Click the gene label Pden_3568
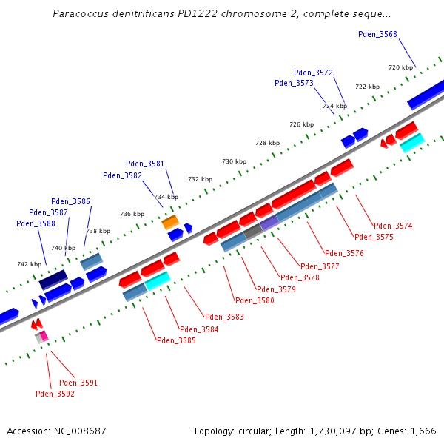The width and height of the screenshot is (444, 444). click(377, 34)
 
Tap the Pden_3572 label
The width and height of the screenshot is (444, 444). click(313, 73)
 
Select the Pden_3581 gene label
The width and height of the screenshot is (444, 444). click(145, 164)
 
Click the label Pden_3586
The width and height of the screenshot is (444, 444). click(71, 201)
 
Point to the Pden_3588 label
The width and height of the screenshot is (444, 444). click(36, 223)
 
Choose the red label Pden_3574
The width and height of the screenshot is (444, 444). click(393, 226)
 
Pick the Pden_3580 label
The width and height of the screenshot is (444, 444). click(255, 300)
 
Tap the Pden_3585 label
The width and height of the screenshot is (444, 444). click(176, 340)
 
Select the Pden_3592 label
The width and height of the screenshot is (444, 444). click(55, 394)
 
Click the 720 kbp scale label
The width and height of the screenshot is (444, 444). click(400, 67)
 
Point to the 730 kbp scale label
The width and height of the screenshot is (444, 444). click(233, 161)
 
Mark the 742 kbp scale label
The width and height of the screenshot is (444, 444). click(30, 264)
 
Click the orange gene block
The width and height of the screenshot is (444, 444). click(170, 221)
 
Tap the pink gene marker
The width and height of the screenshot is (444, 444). click(44, 336)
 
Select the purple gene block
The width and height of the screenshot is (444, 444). click(269, 222)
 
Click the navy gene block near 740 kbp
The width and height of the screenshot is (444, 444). click(53, 279)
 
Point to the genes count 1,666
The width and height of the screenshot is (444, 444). click(422, 431)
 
